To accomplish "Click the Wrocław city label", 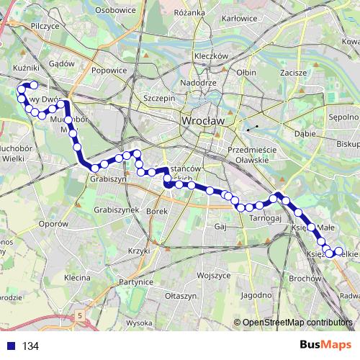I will [x=204, y=122].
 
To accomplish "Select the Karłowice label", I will [x=240, y=18].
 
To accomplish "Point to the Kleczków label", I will [x=211, y=55].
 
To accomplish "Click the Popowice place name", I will [x=109, y=71].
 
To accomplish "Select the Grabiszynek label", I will [x=116, y=210].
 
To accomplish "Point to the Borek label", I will [x=156, y=212].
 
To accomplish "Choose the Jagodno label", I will [x=256, y=295].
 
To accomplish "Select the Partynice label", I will [x=138, y=282].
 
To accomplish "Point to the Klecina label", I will [x=76, y=276].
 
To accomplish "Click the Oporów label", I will [x=53, y=224].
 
